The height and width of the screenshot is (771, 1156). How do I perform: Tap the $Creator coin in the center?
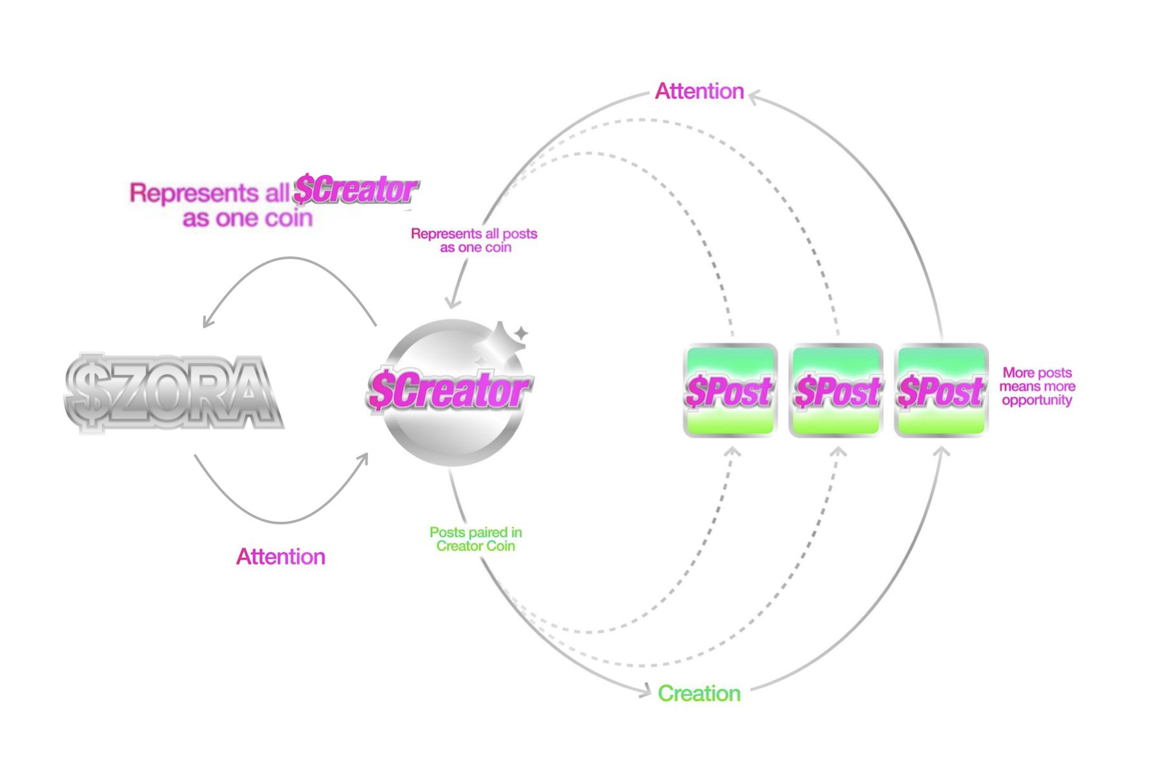448,391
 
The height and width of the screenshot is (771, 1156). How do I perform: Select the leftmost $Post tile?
730,391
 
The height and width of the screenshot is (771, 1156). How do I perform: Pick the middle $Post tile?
836,391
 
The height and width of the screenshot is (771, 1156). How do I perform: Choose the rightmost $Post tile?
942,391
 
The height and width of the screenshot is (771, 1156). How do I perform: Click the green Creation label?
699,694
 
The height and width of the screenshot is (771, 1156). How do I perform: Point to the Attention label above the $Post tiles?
699,91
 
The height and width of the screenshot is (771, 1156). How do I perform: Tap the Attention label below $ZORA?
280,557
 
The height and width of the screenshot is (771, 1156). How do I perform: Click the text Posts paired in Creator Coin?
476,539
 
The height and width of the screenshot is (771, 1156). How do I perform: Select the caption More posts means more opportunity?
1037,386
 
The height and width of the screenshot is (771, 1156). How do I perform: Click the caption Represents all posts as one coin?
475,240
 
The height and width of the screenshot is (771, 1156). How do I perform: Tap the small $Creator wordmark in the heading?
356,190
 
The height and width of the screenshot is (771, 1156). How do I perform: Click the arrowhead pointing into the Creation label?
645,692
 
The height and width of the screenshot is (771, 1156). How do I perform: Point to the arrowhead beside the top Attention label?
754,96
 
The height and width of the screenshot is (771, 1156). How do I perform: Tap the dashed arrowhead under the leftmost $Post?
732,451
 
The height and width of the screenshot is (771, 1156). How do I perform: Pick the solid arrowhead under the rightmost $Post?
942,451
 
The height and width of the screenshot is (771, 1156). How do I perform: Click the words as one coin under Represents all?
247,218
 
